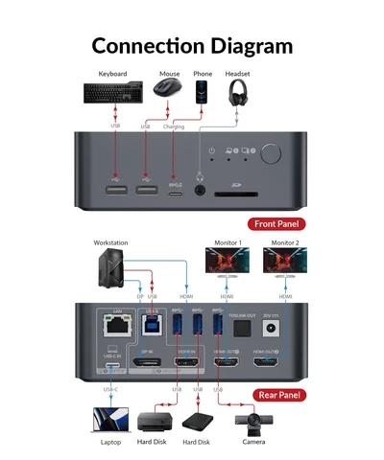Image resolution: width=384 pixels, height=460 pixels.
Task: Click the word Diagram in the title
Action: (245, 45)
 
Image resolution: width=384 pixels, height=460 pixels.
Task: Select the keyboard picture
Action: (112, 92)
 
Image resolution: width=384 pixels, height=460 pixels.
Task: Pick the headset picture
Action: (238, 93)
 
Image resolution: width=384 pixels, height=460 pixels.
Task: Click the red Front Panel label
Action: (278, 224)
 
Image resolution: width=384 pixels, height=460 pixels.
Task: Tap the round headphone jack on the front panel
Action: (201, 189)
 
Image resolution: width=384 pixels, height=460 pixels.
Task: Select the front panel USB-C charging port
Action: (174, 190)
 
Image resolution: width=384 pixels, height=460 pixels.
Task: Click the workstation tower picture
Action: (110, 264)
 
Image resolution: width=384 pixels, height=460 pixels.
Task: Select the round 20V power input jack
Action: (281, 328)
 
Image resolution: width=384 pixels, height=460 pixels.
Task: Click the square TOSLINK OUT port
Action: (243, 328)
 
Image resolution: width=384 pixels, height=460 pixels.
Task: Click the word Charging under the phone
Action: (174, 126)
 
